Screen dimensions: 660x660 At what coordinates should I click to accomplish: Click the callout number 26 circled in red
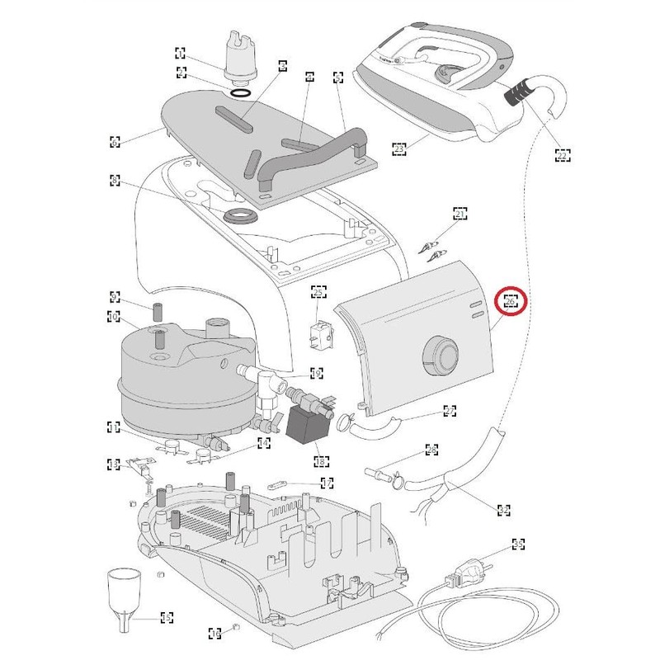tap(511, 302)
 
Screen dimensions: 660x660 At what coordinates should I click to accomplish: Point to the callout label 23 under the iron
tap(399, 149)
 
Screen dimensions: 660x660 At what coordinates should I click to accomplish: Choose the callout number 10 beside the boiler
tap(114, 316)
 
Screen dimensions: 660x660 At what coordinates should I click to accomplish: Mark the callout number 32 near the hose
tap(502, 509)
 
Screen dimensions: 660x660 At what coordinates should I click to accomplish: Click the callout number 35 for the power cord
tap(518, 544)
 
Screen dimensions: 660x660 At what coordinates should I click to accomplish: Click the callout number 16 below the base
tap(215, 634)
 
